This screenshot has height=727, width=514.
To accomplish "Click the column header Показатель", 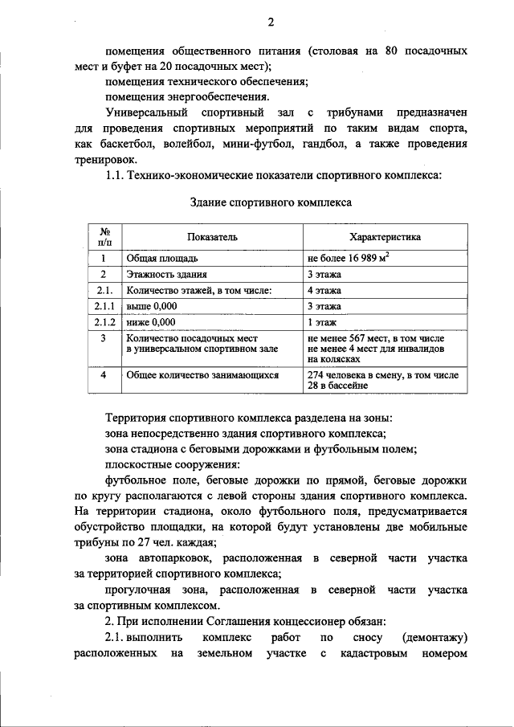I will click(x=212, y=237).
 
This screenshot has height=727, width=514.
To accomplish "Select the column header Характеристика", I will click(x=385, y=237).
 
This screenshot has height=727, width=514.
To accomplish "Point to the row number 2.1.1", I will click(x=104, y=306).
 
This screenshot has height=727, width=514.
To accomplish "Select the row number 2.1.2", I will click(x=104, y=322).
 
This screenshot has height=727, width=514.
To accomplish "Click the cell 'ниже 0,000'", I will click(x=150, y=322).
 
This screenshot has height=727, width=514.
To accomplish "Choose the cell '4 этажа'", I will click(x=324, y=291).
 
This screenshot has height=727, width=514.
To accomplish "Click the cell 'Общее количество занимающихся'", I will click(x=202, y=375).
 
